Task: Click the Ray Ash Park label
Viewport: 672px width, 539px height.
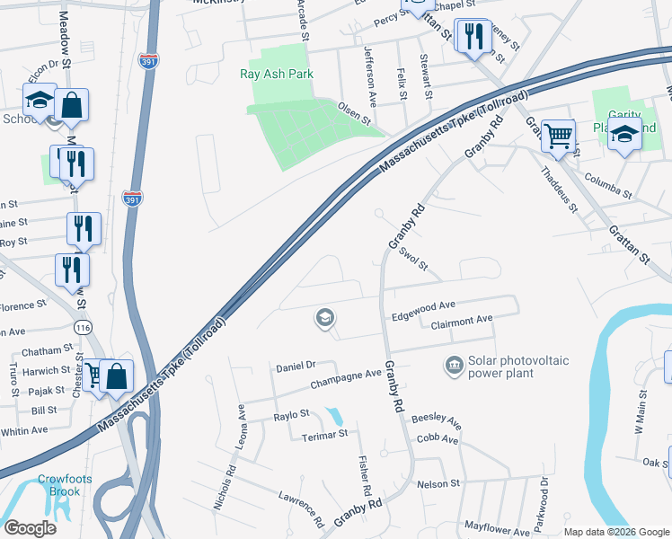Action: pos(276,74)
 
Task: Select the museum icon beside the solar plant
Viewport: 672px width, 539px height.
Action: pos(454,366)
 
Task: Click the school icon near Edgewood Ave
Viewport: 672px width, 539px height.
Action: pos(324,317)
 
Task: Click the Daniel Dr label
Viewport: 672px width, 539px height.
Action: pos(296,366)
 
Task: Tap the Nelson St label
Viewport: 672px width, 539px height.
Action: pos(438,483)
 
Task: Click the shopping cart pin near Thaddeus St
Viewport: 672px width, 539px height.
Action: pos(558,137)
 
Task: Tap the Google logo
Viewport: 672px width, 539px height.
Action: pos(30,527)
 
